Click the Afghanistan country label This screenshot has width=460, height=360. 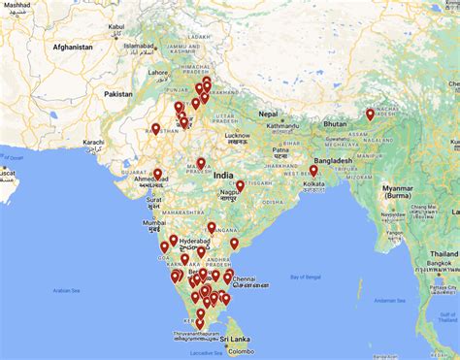coord(73,47)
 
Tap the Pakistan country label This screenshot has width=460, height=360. coord(118,93)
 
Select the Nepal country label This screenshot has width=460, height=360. coord(268,114)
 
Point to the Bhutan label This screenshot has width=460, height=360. coord(335,125)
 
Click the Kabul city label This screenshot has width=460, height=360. coord(116,27)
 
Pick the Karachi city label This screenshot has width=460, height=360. coord(93,142)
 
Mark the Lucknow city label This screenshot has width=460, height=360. coord(238,135)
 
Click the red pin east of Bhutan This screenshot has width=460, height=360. coord(370,115)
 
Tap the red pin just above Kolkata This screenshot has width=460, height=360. coord(313,171)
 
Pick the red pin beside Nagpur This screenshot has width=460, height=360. coord(240,185)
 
